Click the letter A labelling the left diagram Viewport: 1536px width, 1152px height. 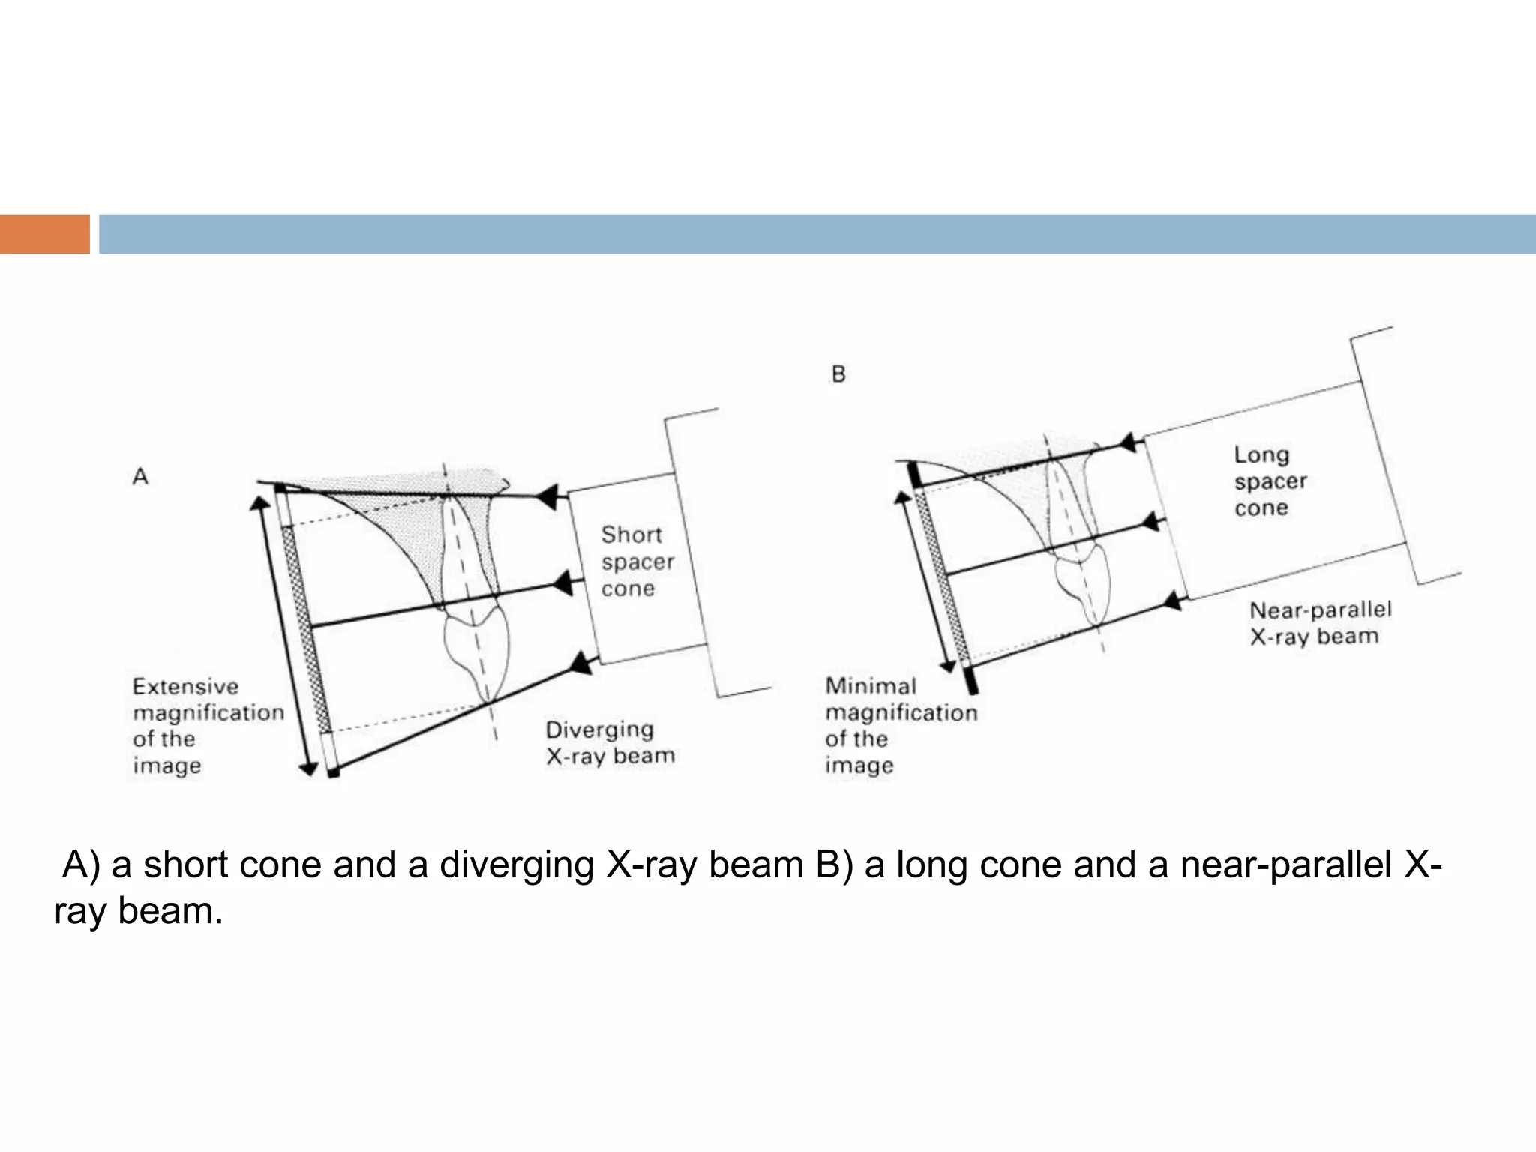pos(140,476)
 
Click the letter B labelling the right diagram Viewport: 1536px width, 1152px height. pos(838,373)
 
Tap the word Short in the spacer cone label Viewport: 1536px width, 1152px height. pos(631,535)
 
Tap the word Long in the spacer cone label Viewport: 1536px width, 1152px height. pos(1261,454)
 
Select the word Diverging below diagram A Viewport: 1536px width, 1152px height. pos(599,729)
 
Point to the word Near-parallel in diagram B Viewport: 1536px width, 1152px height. pos(1320,610)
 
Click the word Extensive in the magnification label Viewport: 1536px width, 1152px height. pos(185,686)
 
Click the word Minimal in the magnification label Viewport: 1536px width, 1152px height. pos(870,686)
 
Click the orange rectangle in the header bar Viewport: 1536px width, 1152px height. pos(44,234)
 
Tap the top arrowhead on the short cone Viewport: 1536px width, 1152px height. pos(549,496)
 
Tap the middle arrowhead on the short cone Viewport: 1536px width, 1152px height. pos(563,583)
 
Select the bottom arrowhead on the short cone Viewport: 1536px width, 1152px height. pos(580,663)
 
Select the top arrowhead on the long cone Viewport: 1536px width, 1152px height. pos(1128,442)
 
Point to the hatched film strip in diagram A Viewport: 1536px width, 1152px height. pos(305,630)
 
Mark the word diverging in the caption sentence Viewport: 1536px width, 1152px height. pos(516,865)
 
